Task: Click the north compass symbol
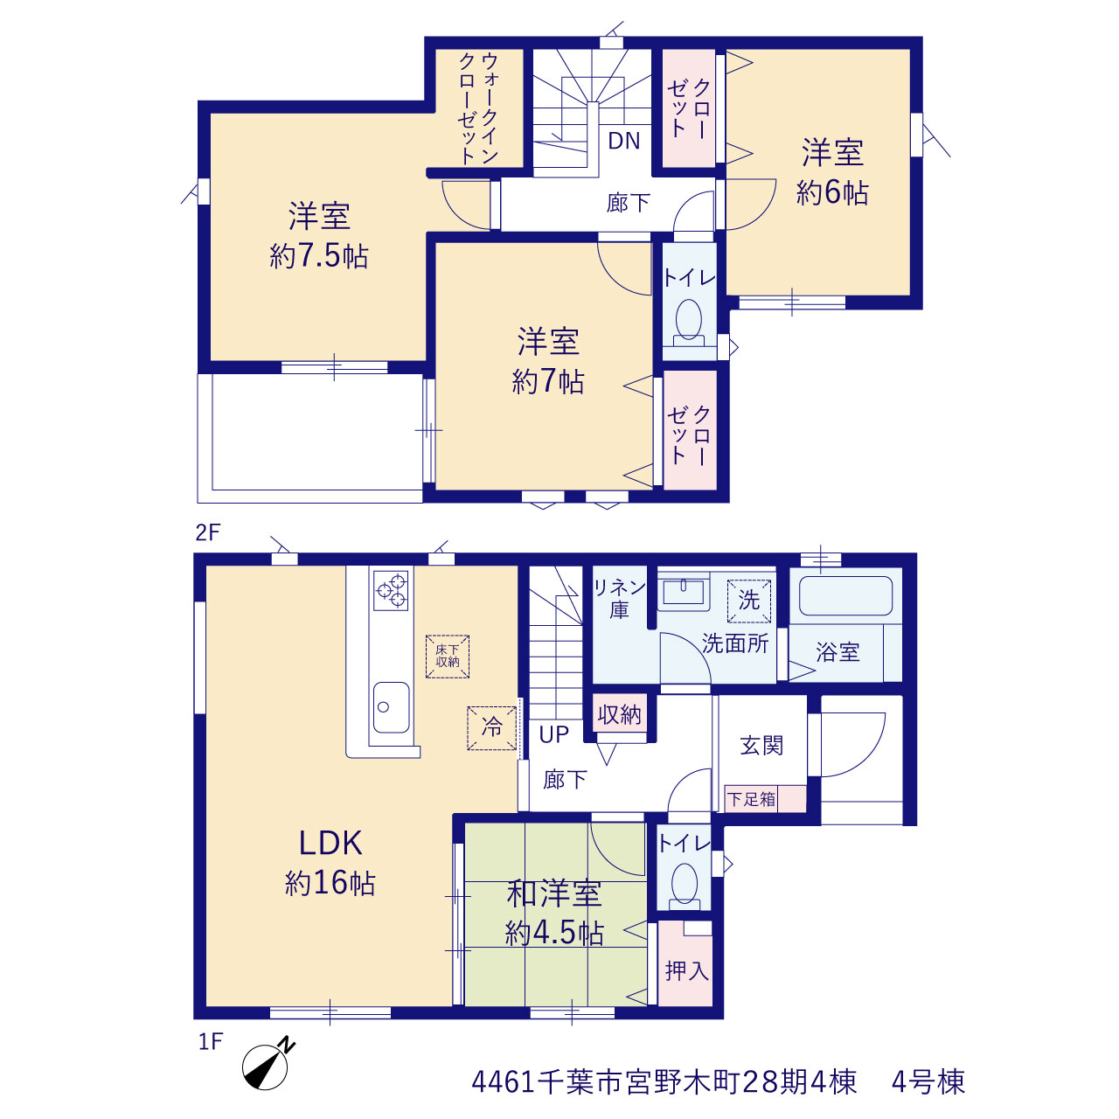click(x=266, y=1067)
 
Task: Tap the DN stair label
click(x=623, y=141)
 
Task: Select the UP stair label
click(x=553, y=734)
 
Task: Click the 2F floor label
click(x=208, y=532)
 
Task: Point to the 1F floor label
click(x=210, y=1042)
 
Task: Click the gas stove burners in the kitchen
click(x=391, y=591)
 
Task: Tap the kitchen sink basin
click(x=391, y=707)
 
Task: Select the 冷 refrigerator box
click(x=492, y=728)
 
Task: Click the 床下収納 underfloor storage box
click(x=447, y=657)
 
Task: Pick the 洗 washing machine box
click(x=749, y=601)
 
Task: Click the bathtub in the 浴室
click(x=845, y=595)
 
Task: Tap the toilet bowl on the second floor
click(x=689, y=320)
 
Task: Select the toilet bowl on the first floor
click(x=684, y=886)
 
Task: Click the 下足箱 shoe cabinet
click(x=765, y=799)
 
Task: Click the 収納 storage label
click(x=620, y=714)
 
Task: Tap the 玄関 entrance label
click(x=761, y=747)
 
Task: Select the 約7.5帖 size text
click(x=319, y=255)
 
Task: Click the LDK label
click(x=330, y=843)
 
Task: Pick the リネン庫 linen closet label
click(x=619, y=599)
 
